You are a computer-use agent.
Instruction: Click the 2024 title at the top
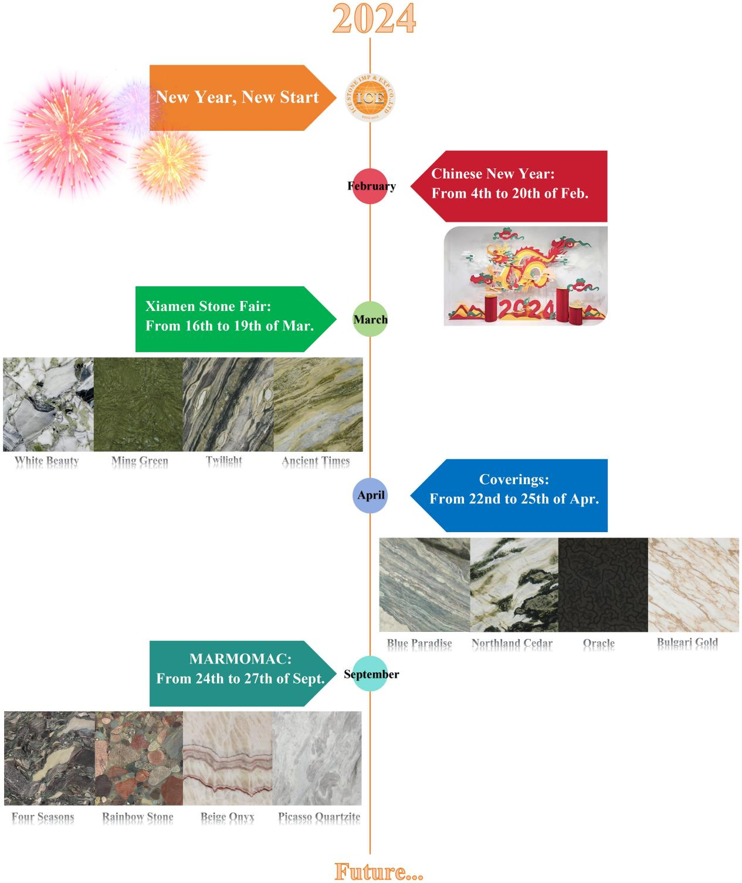[374, 18]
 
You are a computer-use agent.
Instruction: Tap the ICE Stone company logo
[370, 98]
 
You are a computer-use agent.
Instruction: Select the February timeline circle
[370, 187]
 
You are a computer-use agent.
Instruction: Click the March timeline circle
[370, 319]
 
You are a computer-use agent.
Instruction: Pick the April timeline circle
[370, 495]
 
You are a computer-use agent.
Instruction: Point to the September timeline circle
[370, 674]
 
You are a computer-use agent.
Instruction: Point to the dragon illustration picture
[525, 276]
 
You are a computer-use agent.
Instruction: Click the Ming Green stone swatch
[138, 404]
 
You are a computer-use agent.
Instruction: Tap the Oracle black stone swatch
[602, 584]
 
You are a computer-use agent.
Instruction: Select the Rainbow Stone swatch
[138, 758]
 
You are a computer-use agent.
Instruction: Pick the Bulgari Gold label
[687, 642]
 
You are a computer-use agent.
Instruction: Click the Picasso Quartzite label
[319, 817]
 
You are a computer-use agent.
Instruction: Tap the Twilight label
[223, 461]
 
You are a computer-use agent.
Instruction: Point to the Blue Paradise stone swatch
[424, 584]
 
